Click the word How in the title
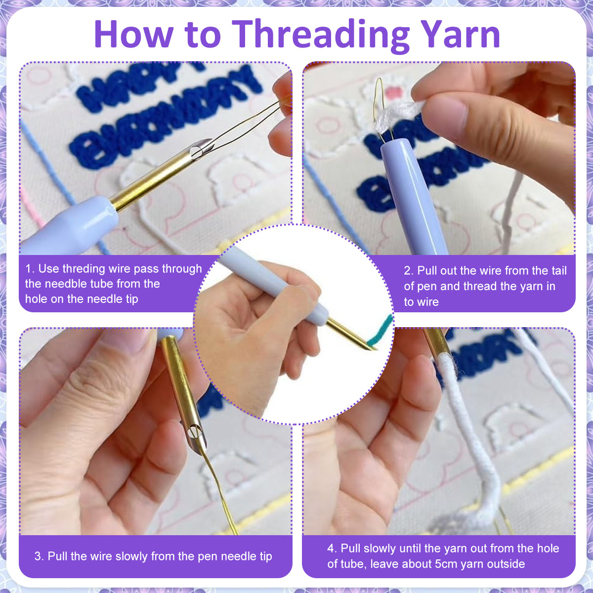[x=133, y=34]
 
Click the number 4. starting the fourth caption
[x=333, y=549]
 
